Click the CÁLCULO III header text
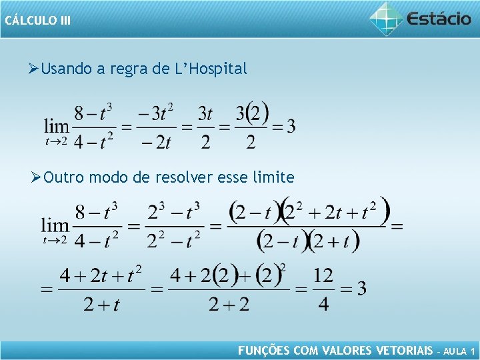37,20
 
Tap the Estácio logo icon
387,18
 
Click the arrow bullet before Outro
37,177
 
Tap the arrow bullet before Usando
35,68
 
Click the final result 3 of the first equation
291,125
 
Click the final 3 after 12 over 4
361,289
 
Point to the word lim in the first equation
57,125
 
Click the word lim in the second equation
55,225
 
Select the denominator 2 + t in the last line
101,305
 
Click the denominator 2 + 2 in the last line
229,305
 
